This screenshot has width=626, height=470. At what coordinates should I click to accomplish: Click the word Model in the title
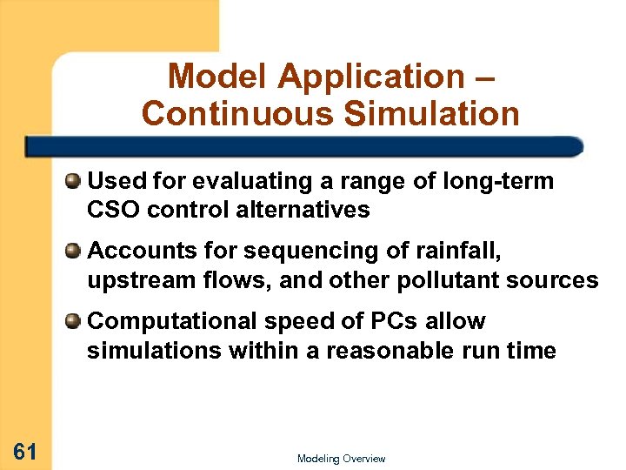coord(218,77)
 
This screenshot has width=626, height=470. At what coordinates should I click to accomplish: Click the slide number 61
coord(24,451)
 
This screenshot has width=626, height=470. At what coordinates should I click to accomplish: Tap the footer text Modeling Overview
coord(341,459)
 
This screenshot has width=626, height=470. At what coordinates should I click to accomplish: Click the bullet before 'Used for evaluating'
coord(73,181)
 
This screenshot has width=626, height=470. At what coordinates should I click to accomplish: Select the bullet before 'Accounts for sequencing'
coord(73,252)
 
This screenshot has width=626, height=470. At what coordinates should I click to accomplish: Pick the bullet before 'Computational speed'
coord(73,321)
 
